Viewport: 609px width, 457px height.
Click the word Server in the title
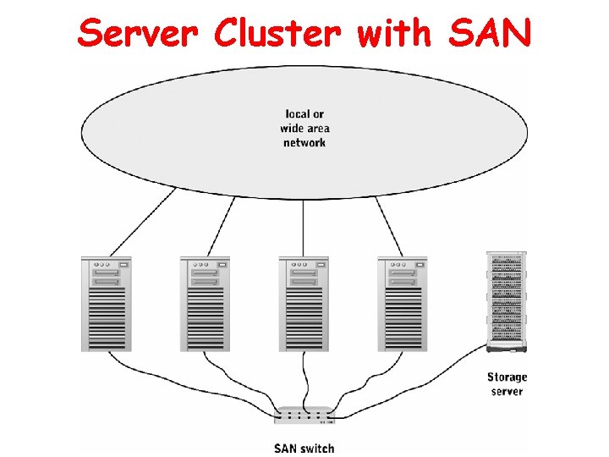tap(139, 33)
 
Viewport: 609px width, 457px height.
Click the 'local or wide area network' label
tap(304, 129)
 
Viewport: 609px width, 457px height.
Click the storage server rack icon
tap(506, 300)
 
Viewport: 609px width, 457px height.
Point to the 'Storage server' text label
tap(507, 384)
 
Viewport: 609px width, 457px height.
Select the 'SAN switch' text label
tap(304, 448)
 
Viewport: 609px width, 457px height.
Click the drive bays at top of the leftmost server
tap(105, 273)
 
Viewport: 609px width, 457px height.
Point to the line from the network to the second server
tap(219, 227)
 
